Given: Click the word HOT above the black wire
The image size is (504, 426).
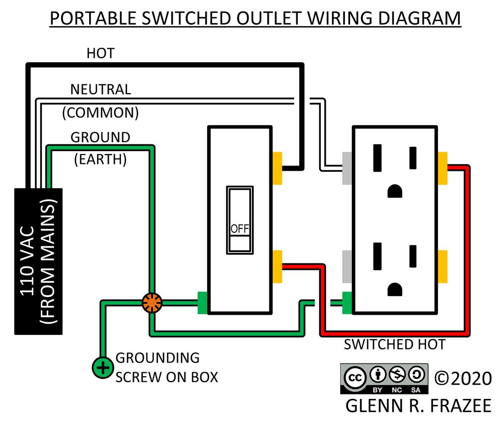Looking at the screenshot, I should coord(100,53).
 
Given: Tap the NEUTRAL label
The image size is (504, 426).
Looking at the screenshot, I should coord(100,89).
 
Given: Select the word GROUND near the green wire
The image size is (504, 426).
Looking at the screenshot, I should coord(100,137).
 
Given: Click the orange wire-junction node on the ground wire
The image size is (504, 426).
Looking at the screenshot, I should coord(152,303).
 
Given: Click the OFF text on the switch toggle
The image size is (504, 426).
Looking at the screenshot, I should coord(240,229).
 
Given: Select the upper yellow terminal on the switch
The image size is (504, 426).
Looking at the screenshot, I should coord(277,168).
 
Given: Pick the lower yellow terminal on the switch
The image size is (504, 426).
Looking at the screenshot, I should coord(277,267).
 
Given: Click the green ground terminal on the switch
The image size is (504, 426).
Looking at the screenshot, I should coord(202,303).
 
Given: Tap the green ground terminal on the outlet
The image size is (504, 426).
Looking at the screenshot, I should coord(347,302).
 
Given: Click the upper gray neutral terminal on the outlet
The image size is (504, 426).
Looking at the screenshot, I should coord(347,168).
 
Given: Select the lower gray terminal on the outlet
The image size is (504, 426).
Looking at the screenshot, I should coord(347,267).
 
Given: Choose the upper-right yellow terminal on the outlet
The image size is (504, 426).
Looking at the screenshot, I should coord(442,168).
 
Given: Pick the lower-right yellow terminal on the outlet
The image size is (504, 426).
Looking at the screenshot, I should coord(442,267).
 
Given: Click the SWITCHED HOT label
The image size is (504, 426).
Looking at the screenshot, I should coord(394,344).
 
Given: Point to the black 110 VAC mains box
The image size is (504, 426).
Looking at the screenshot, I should coord(38,261).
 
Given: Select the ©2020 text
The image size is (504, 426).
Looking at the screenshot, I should coord(463,378).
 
